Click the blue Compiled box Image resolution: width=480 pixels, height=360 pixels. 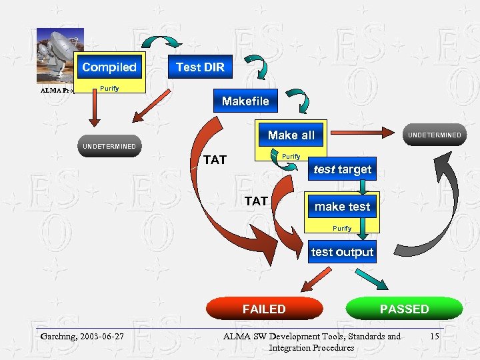tap(109, 67)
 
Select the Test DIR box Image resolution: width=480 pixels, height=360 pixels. tap(200, 67)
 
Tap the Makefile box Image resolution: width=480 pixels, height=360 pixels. tap(245, 101)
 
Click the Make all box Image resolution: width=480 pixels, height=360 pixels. tap(291, 135)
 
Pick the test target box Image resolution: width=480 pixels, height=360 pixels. tap(342, 169)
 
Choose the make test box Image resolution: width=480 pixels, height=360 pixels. tap(342, 207)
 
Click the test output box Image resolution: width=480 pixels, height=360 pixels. tap(342, 252)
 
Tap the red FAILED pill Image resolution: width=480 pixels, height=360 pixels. tap(264, 309)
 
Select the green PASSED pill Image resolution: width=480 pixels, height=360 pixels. tap(404, 309)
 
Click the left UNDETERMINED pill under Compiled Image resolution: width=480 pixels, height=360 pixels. tap(109, 146)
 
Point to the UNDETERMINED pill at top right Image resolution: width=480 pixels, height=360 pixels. tap(434, 135)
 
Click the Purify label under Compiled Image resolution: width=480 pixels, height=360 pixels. tap(109, 89)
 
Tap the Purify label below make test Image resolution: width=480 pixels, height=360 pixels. tap(342, 228)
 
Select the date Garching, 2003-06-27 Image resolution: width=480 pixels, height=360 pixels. tap(82, 336)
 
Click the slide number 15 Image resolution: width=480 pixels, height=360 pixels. tap(434, 336)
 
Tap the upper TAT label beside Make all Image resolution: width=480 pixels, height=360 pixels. tap(215, 160)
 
